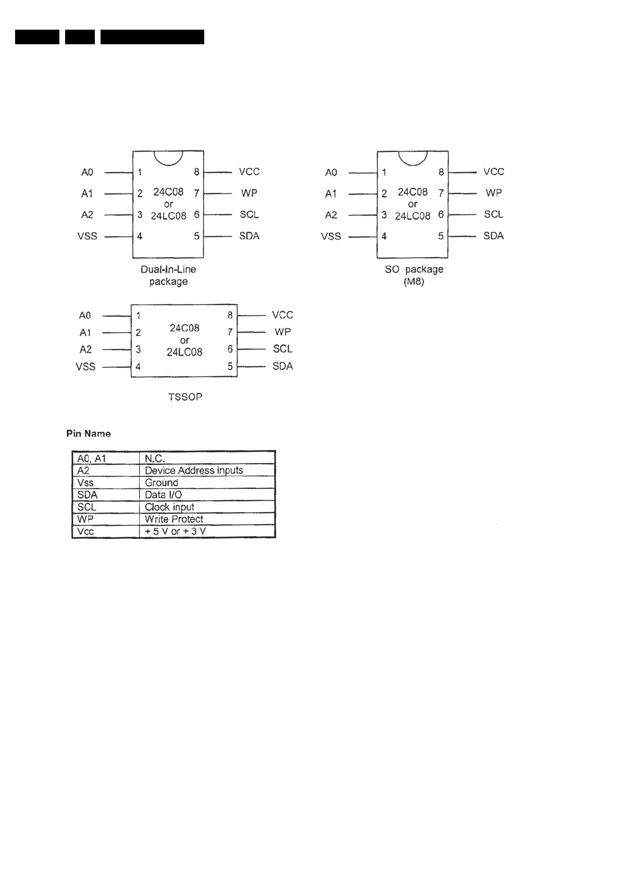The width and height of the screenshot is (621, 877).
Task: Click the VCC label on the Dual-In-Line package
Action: coord(249,172)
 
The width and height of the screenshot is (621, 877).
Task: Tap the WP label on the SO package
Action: coord(493,193)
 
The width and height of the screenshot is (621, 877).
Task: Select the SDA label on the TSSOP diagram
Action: coord(282,366)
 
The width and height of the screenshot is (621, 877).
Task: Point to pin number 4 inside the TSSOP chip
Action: coord(138,367)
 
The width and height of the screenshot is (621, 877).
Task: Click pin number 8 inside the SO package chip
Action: coord(441,172)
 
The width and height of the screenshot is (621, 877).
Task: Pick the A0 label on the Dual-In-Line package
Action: coord(87,172)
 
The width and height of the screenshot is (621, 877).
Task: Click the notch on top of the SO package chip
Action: coord(413,158)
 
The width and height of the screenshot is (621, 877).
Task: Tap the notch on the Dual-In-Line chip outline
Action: coord(168,158)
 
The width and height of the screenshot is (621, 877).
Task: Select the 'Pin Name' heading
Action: coord(89,434)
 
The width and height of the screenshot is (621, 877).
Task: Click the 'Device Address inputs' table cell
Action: coord(194,471)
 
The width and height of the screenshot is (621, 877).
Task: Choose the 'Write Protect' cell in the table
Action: coord(174,519)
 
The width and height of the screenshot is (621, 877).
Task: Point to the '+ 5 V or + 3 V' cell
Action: coord(175,531)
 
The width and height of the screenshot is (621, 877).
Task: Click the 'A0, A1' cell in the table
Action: coord(92,459)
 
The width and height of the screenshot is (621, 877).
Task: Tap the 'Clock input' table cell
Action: coord(169,507)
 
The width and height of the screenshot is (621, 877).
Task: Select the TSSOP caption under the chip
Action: coord(185,397)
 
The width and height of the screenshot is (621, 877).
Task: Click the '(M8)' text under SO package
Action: coord(414,282)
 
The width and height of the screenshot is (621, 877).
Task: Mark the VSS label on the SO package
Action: coord(331,237)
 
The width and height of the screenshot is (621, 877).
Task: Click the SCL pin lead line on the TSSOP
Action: coord(252,349)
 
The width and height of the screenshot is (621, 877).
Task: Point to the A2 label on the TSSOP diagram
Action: coord(85,350)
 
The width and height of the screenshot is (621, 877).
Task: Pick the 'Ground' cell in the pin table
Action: coord(162,482)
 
